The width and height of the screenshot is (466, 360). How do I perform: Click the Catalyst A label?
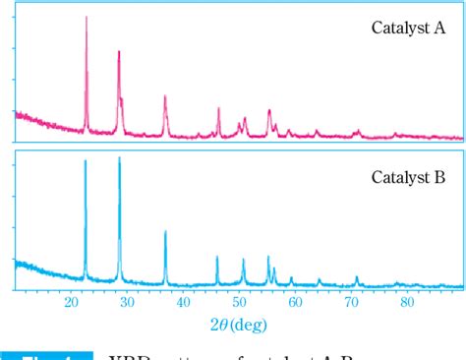pos(408,28)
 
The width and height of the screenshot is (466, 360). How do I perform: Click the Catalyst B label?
pos(408,178)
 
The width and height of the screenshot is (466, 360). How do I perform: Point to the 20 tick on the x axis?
pos(71,302)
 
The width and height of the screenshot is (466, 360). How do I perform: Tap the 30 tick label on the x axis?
pos(127,302)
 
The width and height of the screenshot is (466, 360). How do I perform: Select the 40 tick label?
pos(183,302)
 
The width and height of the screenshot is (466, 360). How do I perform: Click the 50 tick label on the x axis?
pos(240,302)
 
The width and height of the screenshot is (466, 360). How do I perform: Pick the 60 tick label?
pos(296,302)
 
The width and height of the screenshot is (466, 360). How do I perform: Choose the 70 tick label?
pos(352,302)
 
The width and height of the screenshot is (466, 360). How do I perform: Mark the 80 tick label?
pos(408,302)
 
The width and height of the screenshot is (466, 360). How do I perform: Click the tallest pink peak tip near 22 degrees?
pos(87,18)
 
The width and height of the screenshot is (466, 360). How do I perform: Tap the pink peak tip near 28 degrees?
pos(119,51)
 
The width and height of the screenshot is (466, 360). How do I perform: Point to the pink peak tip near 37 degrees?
pos(164,95)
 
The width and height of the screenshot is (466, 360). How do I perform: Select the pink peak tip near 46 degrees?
pos(218,108)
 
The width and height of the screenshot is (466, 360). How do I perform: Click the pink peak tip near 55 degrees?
pos(268,111)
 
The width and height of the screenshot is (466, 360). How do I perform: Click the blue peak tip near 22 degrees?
pos(86,160)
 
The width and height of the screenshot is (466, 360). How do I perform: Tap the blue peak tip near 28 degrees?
pos(119,157)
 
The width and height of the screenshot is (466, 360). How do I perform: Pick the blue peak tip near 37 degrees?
pos(164,231)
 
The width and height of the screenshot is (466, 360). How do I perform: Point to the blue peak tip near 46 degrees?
pos(217,257)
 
